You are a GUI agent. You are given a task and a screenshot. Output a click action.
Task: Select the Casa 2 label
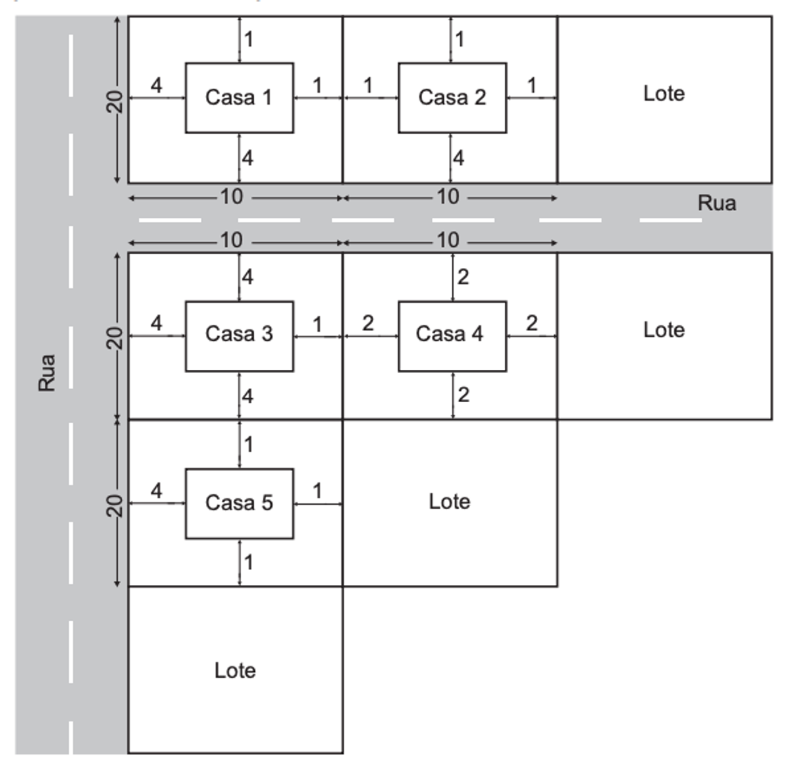452,97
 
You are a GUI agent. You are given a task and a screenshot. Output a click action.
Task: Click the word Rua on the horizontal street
716,203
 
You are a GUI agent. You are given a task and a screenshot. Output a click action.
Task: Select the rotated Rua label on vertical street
46,373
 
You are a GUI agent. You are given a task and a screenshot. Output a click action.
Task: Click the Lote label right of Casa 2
664,93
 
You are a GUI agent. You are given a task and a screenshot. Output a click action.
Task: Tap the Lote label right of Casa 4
664,330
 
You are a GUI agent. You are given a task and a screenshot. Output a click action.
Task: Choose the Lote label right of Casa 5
450,501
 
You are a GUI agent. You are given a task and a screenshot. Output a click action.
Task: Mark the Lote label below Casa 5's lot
235,670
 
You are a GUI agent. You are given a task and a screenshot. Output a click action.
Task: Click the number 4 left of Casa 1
156,85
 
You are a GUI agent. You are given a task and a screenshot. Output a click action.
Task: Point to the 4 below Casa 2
458,158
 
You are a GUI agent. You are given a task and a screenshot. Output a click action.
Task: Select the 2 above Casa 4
463,277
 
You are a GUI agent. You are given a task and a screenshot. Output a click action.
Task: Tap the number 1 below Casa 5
249,563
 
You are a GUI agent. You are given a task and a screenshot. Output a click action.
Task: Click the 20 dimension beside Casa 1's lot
115,102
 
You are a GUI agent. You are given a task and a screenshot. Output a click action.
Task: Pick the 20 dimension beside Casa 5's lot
115,505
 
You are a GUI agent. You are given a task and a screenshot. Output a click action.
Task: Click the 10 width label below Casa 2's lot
448,197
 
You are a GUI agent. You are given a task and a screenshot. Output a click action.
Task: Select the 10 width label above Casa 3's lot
232,240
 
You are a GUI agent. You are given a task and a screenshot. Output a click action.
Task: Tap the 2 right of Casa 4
532,323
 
